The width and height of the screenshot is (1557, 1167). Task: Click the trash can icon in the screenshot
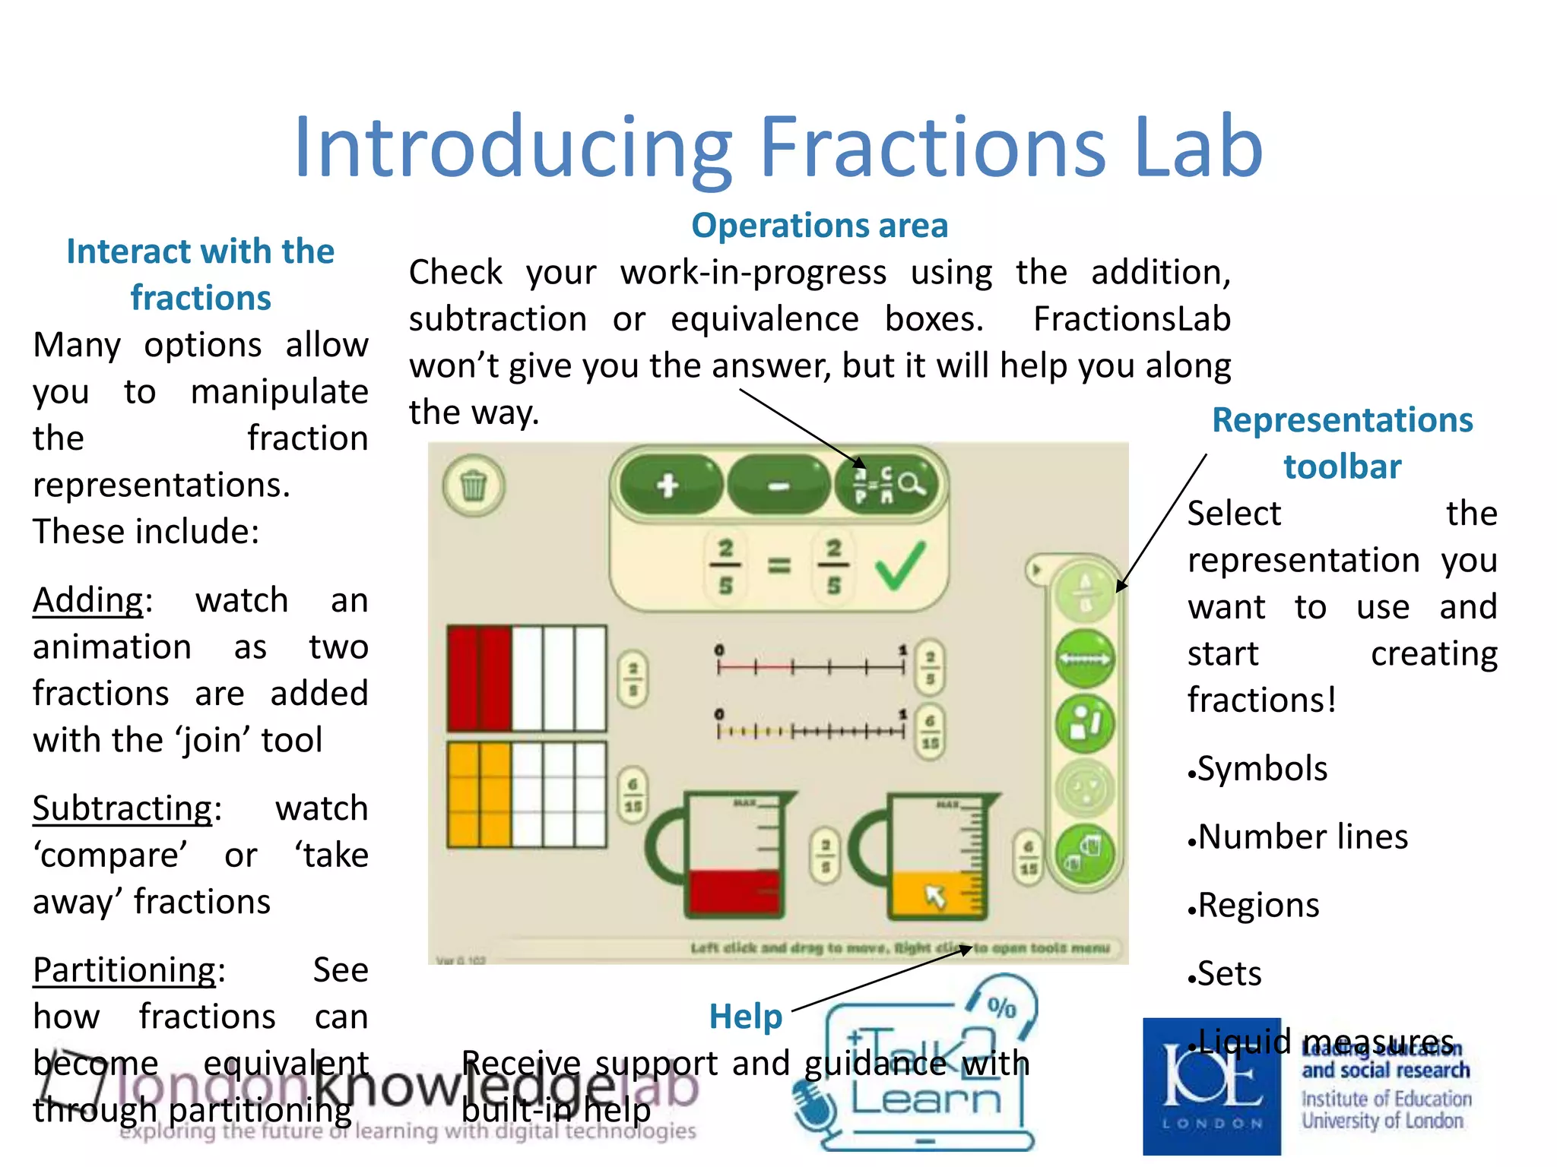[x=474, y=485]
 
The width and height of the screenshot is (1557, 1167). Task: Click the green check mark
[x=900, y=566]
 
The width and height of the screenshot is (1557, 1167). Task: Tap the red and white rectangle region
[x=526, y=678]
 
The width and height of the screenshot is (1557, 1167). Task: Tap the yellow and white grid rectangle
[x=526, y=795]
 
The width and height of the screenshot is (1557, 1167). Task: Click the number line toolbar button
[x=1085, y=659]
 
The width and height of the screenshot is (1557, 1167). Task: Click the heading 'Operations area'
[x=820, y=226]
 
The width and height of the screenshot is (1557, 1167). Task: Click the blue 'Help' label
[x=745, y=1017]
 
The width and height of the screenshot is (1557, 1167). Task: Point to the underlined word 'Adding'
[x=88, y=600]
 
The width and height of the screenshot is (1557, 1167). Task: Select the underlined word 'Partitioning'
[x=125, y=970]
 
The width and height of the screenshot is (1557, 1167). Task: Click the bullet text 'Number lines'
[x=1302, y=837]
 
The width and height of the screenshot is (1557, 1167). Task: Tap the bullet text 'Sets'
[x=1229, y=973]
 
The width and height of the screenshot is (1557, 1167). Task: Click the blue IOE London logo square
[x=1212, y=1086]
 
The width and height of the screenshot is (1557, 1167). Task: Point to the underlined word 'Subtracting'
[x=122, y=808]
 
